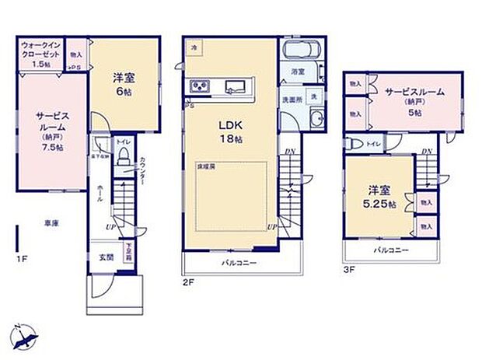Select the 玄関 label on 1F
point(106,256)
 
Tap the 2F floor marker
point(187,285)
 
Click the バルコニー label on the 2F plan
point(239,263)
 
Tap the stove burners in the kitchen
point(197,86)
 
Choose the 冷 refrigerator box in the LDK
point(193,47)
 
